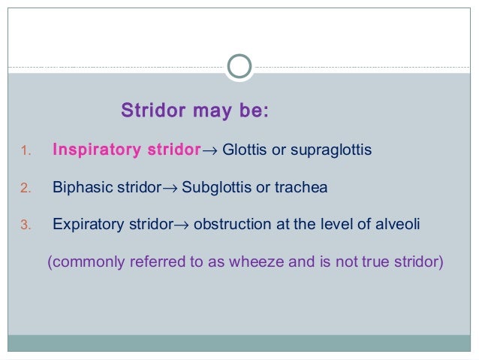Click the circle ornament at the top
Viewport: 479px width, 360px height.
click(x=239, y=67)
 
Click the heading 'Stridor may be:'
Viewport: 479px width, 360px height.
click(x=194, y=112)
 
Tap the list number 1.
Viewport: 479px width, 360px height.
click(x=24, y=151)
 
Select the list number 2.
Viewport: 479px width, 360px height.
click(x=24, y=188)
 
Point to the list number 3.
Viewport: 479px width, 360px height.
click(x=24, y=225)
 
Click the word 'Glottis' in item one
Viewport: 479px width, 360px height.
click(x=245, y=150)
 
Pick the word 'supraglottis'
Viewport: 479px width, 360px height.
click(x=330, y=151)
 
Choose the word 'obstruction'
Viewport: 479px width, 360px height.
click(x=230, y=224)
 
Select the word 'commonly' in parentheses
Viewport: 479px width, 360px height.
click(x=84, y=263)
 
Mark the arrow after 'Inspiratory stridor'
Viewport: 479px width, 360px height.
click(x=210, y=151)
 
